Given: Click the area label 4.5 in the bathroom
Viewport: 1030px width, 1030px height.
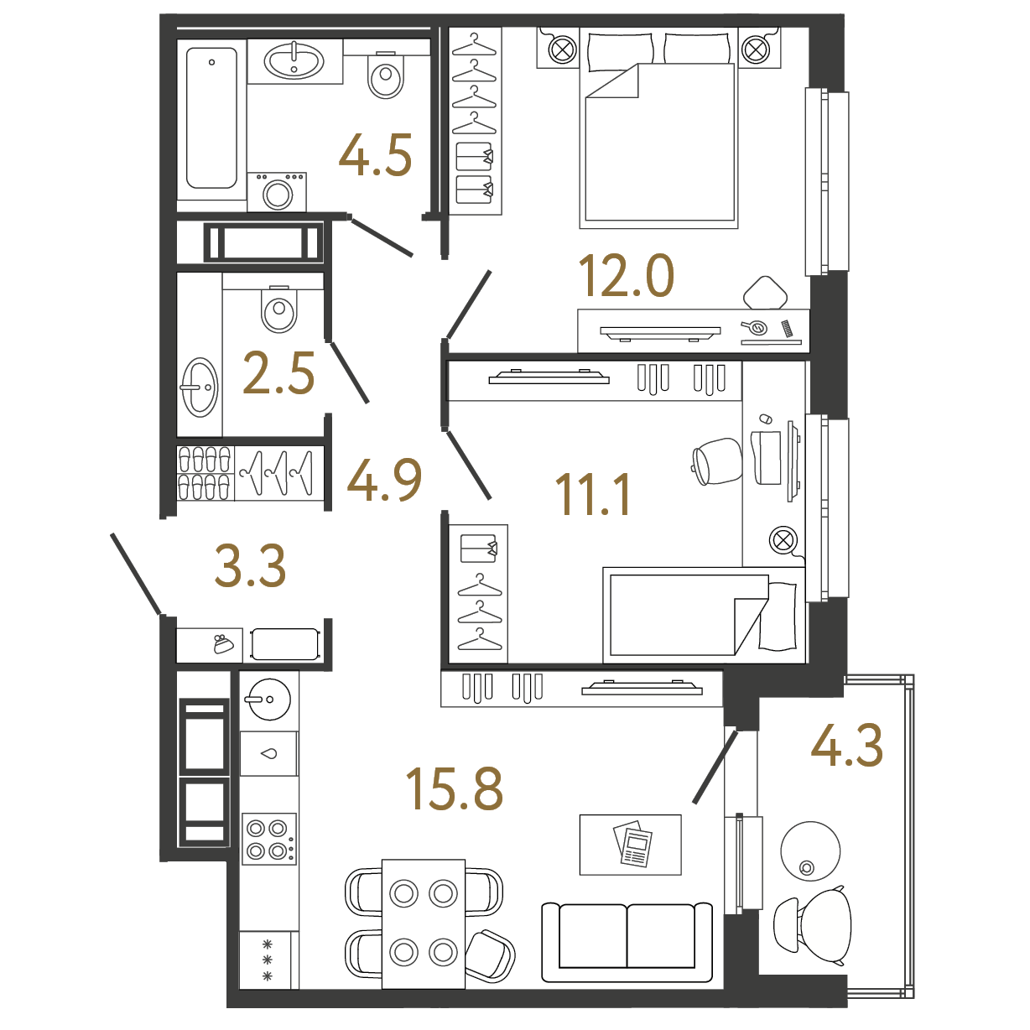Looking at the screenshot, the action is pyautogui.click(x=375, y=155).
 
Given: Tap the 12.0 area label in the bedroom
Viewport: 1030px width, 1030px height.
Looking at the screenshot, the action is pyautogui.click(x=626, y=276).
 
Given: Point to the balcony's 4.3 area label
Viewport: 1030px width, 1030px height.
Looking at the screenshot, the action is pyautogui.click(x=846, y=745).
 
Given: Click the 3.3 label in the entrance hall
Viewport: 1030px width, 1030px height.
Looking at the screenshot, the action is pyautogui.click(x=250, y=565).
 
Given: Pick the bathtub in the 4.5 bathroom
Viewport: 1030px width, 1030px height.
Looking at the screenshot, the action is pyautogui.click(x=211, y=118).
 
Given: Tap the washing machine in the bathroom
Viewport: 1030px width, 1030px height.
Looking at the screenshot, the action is pyautogui.click(x=277, y=191).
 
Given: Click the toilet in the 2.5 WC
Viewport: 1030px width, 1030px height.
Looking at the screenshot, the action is pyautogui.click(x=278, y=309).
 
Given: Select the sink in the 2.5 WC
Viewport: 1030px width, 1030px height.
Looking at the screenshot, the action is pyautogui.click(x=200, y=388).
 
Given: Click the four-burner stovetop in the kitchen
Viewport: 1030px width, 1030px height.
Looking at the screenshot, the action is pyautogui.click(x=269, y=839).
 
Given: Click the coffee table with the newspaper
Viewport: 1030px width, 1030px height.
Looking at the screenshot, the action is pyautogui.click(x=630, y=845).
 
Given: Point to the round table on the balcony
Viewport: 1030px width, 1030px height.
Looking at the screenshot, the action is pyautogui.click(x=810, y=851).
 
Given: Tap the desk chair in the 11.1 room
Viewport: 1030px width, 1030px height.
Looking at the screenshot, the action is pyautogui.click(x=717, y=460).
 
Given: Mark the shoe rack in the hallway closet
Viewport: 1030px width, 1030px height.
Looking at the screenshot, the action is pyautogui.click(x=205, y=474).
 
